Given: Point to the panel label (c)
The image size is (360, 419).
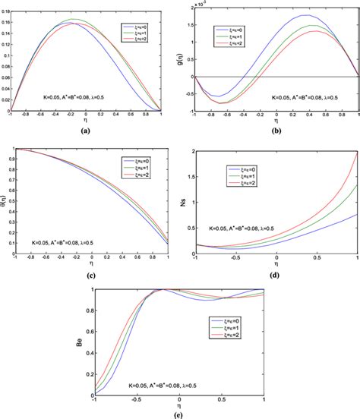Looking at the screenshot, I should [x=90, y=274].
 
